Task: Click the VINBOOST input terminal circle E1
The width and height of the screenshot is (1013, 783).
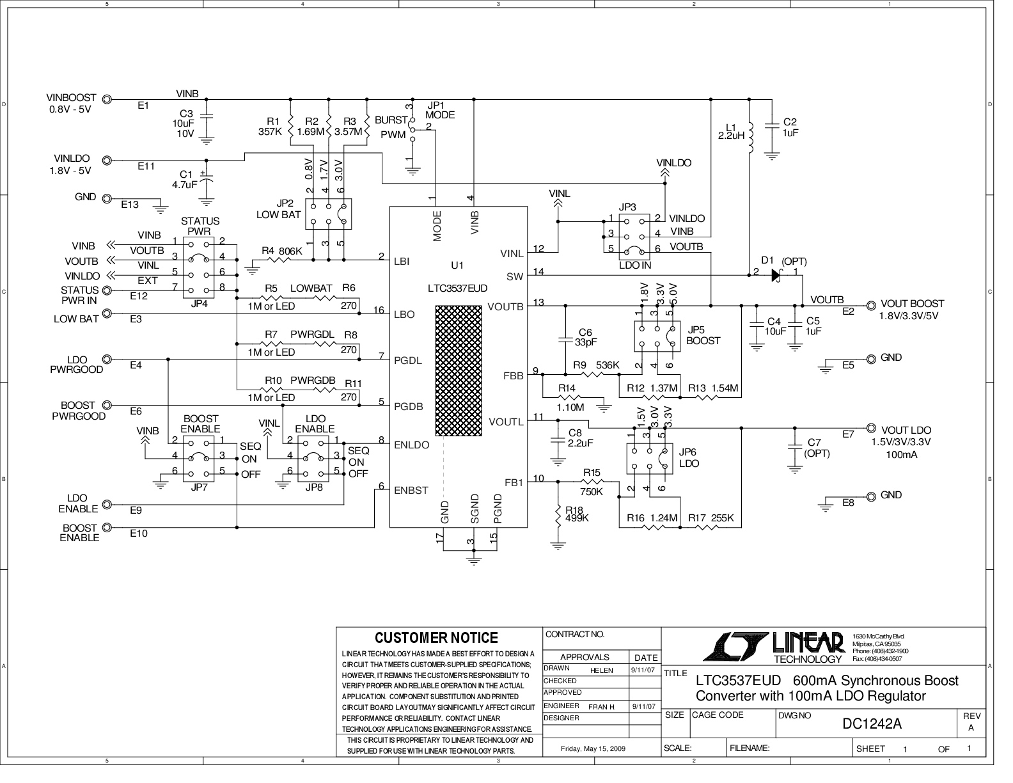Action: pyautogui.click(x=107, y=99)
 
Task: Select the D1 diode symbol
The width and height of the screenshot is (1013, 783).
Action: pyautogui.click(x=776, y=275)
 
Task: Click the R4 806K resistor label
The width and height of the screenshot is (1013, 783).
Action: pyautogui.click(x=281, y=251)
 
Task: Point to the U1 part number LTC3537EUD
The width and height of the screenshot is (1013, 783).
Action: pyautogui.click(x=457, y=289)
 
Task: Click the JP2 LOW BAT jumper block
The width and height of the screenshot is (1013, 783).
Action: pyautogui.click(x=328, y=214)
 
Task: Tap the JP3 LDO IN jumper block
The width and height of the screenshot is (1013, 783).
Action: pyautogui.click(x=634, y=237)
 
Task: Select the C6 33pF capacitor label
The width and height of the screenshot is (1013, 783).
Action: pyautogui.click(x=586, y=337)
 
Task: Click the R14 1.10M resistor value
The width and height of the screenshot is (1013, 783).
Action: pyautogui.click(x=570, y=407)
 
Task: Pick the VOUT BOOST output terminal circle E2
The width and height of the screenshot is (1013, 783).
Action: pyautogui.click(x=871, y=306)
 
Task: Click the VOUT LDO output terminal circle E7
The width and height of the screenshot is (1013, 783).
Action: pyautogui.click(x=871, y=428)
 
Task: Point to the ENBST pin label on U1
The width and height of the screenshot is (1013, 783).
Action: pyautogui.click(x=411, y=490)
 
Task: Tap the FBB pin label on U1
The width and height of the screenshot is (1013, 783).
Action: pyautogui.click(x=514, y=376)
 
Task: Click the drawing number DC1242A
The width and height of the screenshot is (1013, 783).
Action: pyautogui.click(x=872, y=724)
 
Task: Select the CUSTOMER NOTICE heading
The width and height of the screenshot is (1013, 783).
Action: pyautogui.click(x=436, y=638)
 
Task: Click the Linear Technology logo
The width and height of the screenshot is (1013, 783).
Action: pyautogui.click(x=774, y=647)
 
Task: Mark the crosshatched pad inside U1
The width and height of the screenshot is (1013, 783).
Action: pyautogui.click(x=459, y=371)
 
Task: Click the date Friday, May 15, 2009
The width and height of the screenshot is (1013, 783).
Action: pyautogui.click(x=593, y=749)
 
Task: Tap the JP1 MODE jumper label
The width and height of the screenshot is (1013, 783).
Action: pyautogui.click(x=440, y=111)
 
